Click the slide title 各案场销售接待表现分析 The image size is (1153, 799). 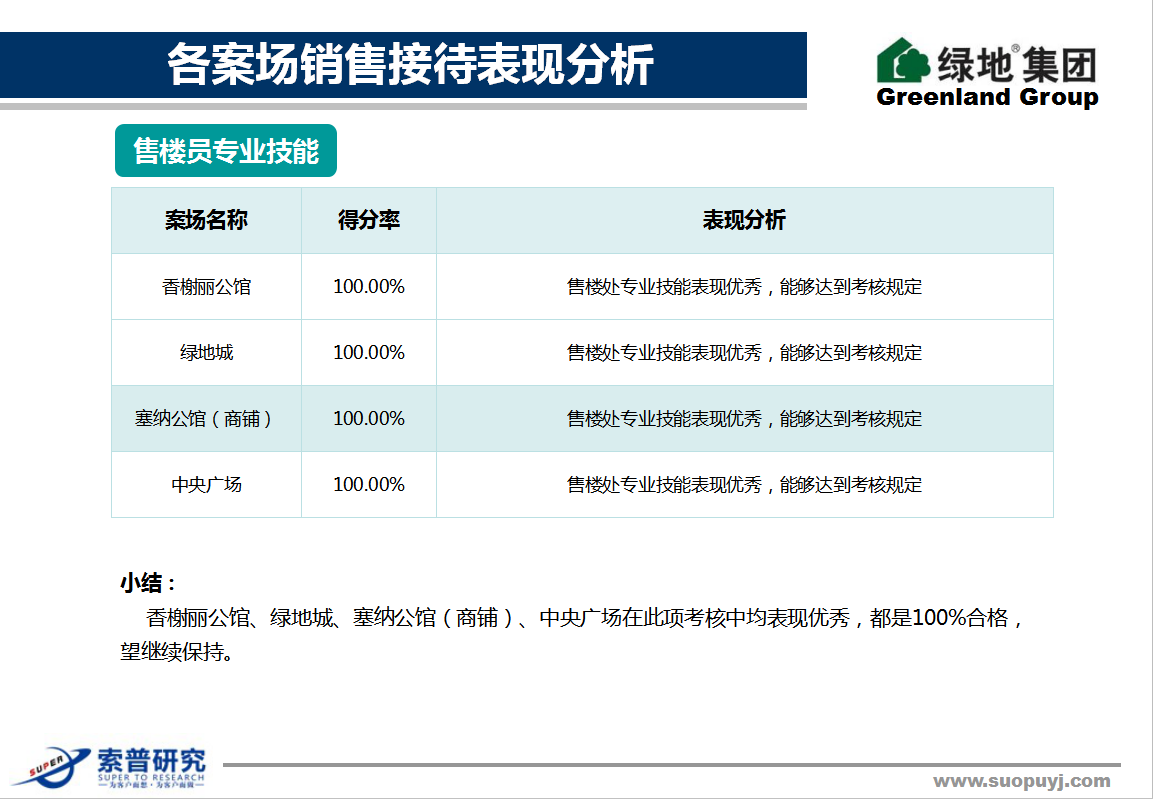tap(410, 65)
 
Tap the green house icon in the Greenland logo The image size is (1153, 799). tap(903, 61)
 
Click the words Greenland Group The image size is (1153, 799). tap(988, 97)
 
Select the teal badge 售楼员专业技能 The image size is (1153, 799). tap(226, 151)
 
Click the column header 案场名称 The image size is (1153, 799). tap(206, 220)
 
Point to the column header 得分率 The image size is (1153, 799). tap(369, 220)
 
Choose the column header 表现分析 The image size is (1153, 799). tap(744, 220)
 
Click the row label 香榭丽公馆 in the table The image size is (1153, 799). tap(206, 287)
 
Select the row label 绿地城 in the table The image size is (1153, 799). tap(207, 353)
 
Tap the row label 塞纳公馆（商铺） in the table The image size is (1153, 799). tap(205, 419)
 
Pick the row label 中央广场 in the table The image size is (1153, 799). tap(207, 485)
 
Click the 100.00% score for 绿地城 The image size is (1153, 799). tap(369, 353)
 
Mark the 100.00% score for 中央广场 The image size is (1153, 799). tap(369, 485)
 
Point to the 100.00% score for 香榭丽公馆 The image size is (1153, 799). tap(369, 287)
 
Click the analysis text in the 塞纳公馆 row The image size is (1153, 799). tap(744, 419)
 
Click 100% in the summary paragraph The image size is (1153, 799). tap(939, 617)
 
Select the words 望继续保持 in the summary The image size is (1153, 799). tap(172, 652)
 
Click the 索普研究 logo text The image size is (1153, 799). tap(151, 761)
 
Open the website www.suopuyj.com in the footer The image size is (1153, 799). tap(1022, 781)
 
